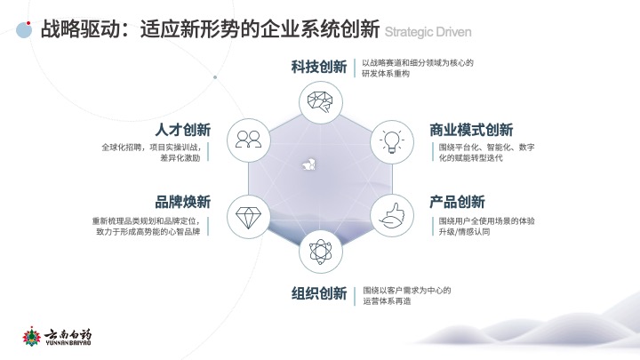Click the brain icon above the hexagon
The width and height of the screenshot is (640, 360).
click(x=320, y=102)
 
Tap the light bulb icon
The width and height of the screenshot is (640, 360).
click(x=392, y=141)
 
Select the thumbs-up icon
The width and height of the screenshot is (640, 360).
click(x=392, y=216)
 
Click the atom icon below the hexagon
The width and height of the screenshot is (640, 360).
click(x=320, y=252)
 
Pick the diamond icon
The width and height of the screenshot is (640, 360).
click(x=249, y=217)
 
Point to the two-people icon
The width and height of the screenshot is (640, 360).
click(x=249, y=140)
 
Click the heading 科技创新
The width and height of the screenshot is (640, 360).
click(x=319, y=67)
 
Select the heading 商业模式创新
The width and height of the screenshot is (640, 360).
click(x=471, y=130)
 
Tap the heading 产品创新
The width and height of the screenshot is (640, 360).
click(x=457, y=202)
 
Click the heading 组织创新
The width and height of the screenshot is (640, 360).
click(x=319, y=293)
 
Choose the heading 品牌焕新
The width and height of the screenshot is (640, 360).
click(x=183, y=202)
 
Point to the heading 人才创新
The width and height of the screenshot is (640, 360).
click(x=183, y=130)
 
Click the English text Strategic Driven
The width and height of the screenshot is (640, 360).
click(x=428, y=32)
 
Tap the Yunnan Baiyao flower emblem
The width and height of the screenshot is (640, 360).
click(x=32, y=337)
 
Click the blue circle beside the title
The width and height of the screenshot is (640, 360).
click(x=24, y=30)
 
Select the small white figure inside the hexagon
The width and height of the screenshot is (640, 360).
click(x=308, y=164)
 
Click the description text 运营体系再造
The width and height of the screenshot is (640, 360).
click(x=387, y=301)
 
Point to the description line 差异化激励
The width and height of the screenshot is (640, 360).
click(x=180, y=158)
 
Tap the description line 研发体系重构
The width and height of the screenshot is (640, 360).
click(x=386, y=74)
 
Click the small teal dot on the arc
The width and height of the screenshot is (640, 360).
click(x=215, y=77)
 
